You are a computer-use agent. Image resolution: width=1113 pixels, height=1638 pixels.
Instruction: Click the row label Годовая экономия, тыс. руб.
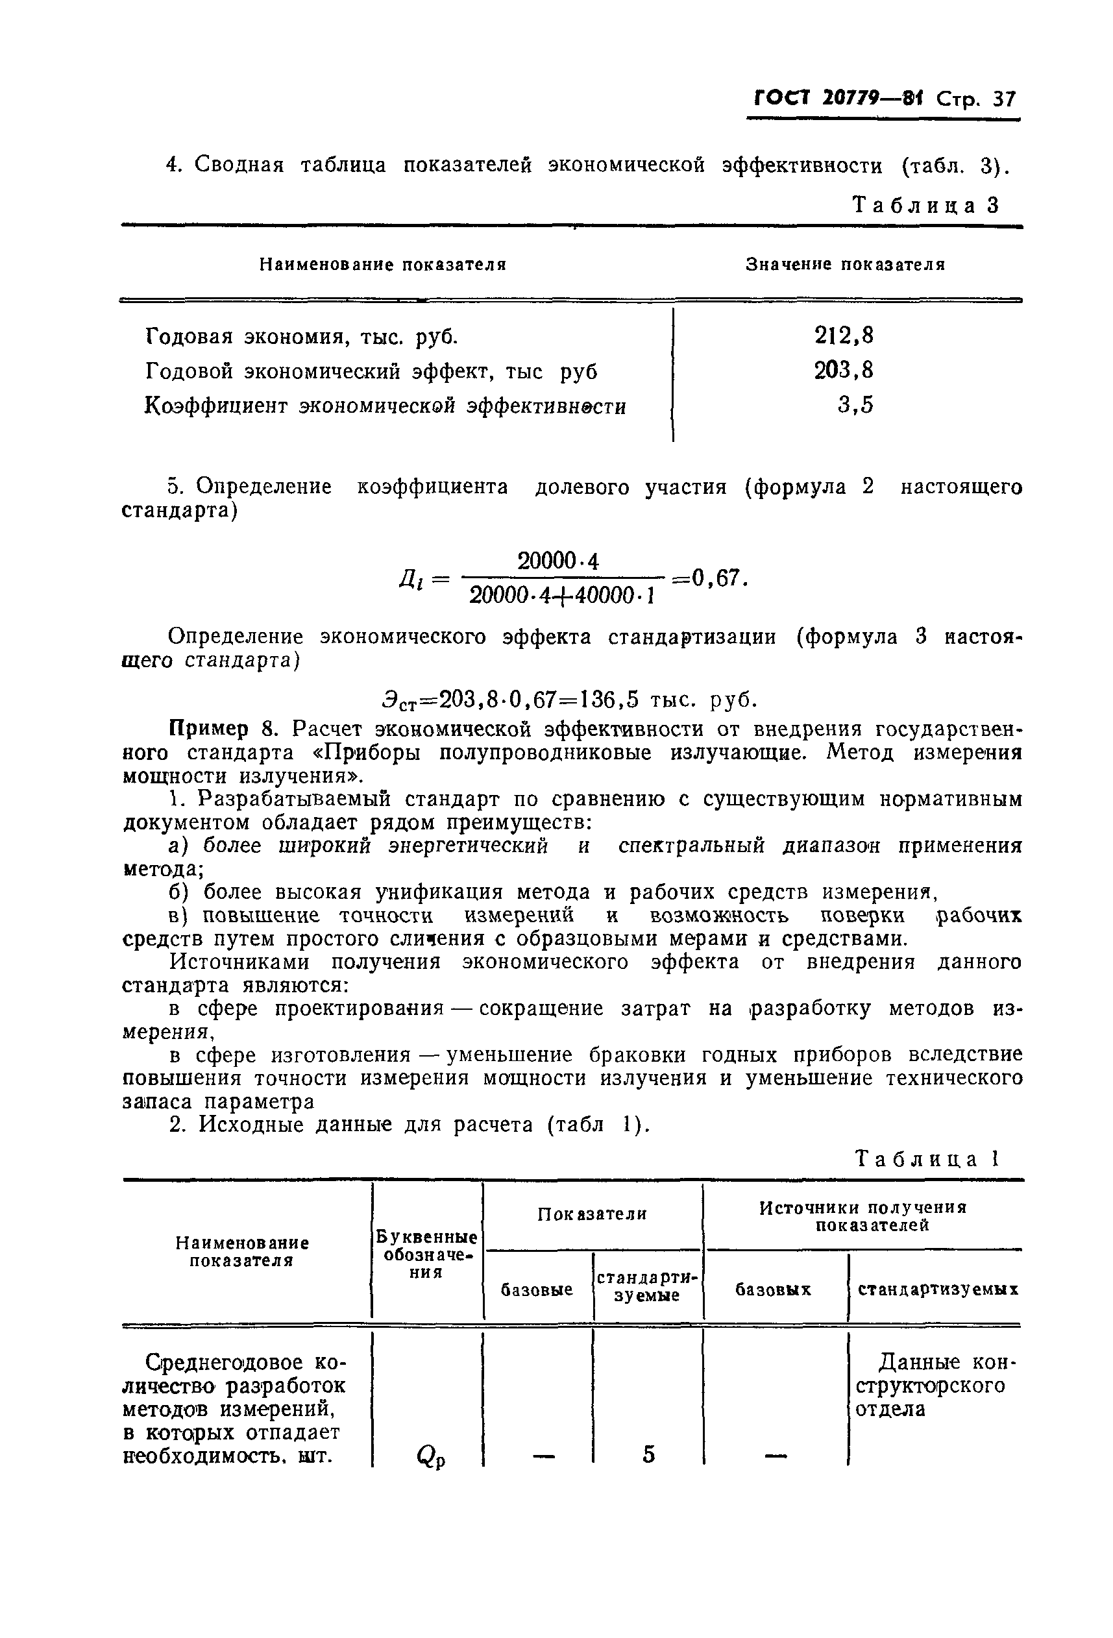301,337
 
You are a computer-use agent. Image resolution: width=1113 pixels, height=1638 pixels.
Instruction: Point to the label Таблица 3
925,205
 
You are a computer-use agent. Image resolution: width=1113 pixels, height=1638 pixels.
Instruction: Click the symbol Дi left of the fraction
410,581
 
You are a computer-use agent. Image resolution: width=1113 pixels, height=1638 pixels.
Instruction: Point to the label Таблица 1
926,1160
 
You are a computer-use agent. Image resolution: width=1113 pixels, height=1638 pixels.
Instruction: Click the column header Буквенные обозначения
426,1254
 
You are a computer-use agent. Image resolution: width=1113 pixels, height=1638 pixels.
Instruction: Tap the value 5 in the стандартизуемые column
648,1453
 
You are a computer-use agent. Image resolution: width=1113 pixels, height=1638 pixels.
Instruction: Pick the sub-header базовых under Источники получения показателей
772,1290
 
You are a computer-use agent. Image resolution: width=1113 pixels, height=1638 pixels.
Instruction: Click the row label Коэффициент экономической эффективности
385,408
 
